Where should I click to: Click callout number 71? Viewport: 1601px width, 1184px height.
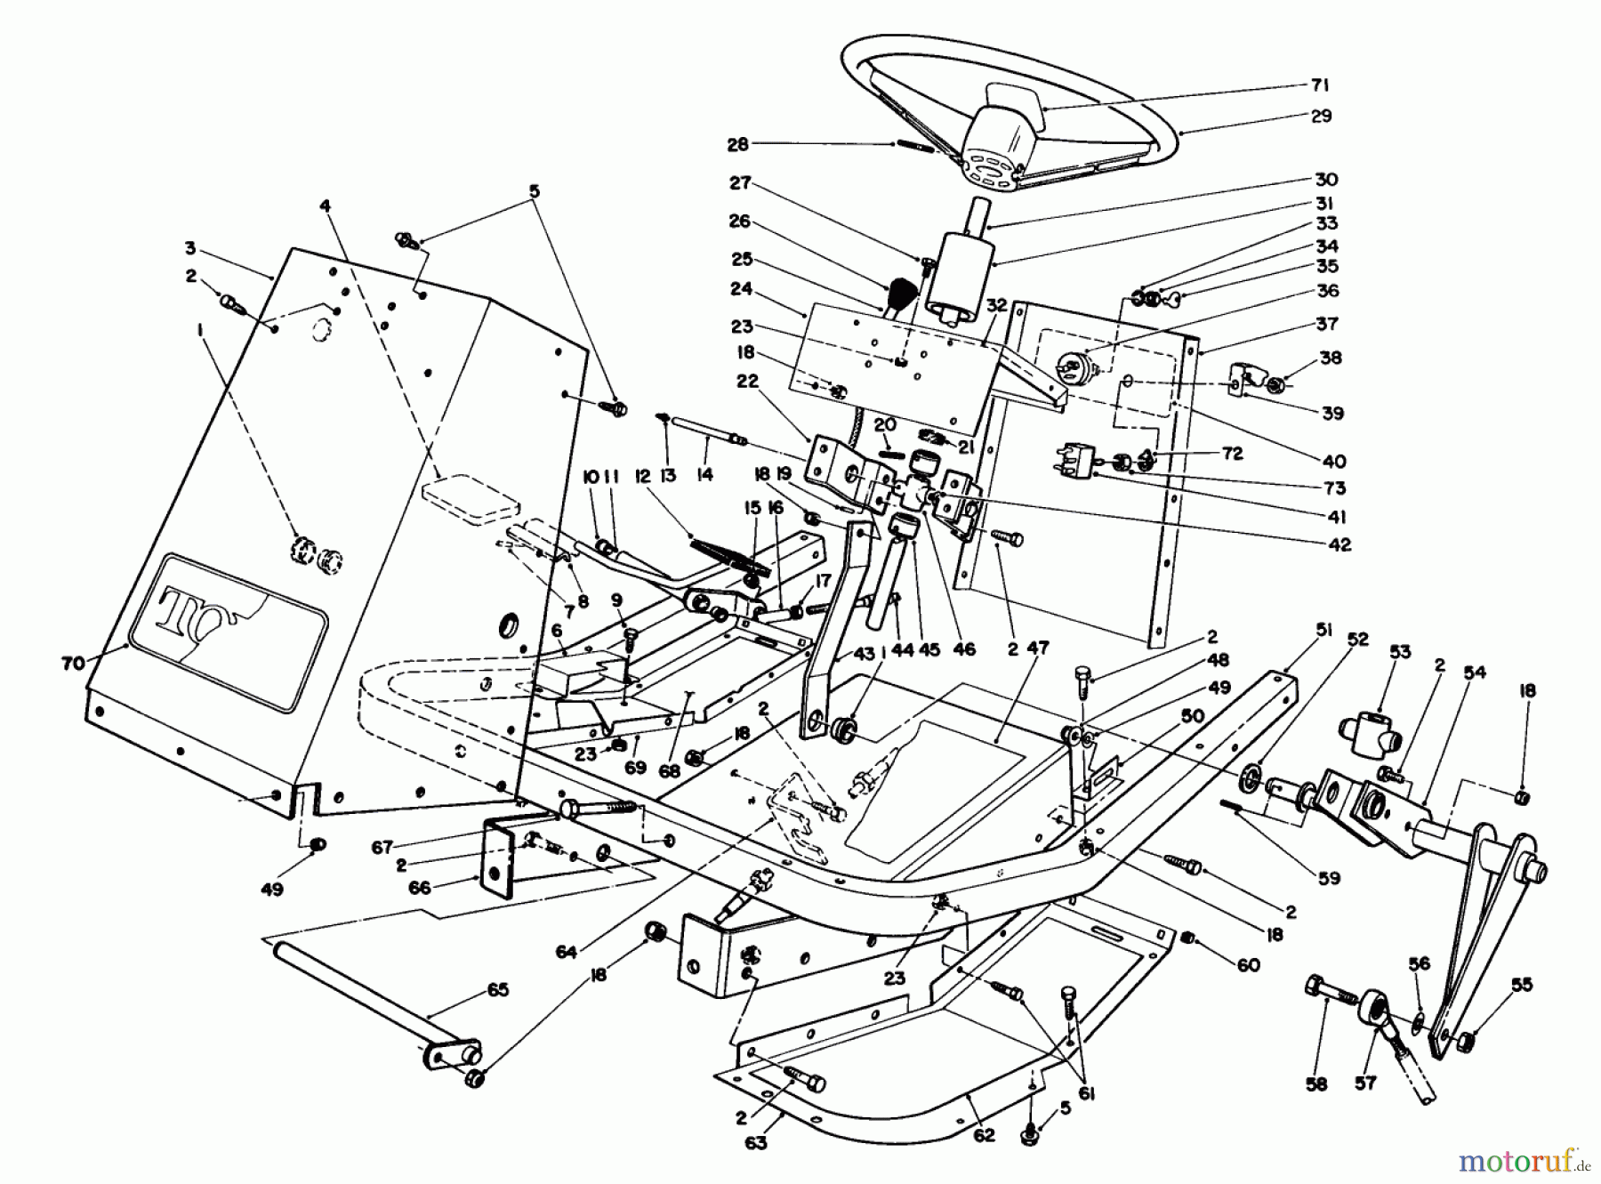click(x=1319, y=85)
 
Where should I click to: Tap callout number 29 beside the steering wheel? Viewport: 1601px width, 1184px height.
click(x=1321, y=116)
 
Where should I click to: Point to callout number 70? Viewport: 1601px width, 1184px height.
click(x=73, y=663)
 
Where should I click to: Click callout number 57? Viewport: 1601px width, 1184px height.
click(x=1365, y=1083)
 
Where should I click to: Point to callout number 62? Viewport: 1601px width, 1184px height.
click(x=986, y=1135)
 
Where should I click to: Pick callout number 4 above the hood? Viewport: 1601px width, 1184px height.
click(x=326, y=205)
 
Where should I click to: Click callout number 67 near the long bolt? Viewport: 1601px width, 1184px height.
click(x=382, y=848)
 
